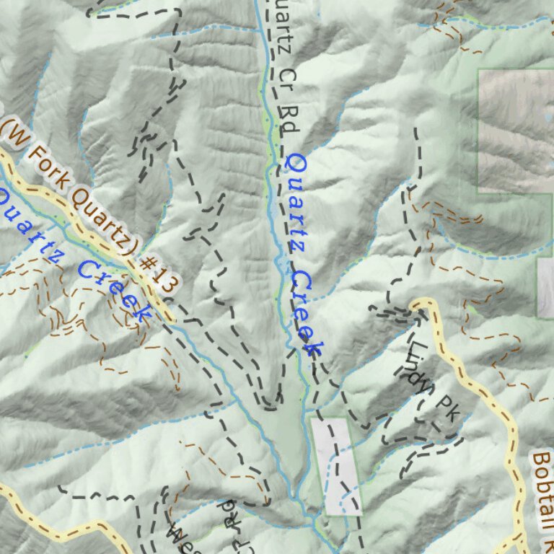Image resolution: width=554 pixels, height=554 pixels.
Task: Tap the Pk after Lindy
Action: point(448,408)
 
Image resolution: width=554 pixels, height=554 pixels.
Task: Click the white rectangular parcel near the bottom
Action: point(336,465)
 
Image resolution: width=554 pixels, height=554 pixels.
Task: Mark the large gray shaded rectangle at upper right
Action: point(516,130)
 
